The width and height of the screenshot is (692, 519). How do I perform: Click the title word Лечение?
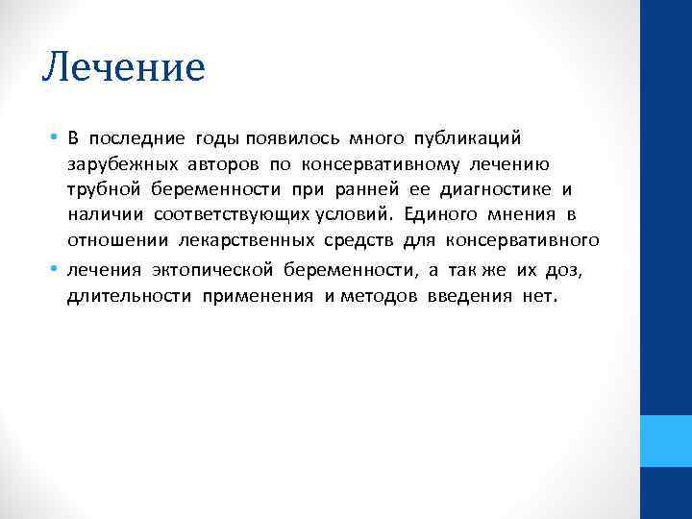[x=124, y=67]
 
